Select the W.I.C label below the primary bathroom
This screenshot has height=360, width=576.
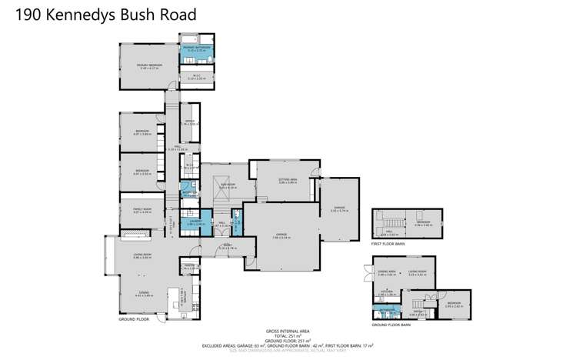click(x=196, y=75)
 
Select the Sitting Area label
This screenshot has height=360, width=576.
click(x=288, y=181)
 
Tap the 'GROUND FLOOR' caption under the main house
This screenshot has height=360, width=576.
click(x=134, y=318)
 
